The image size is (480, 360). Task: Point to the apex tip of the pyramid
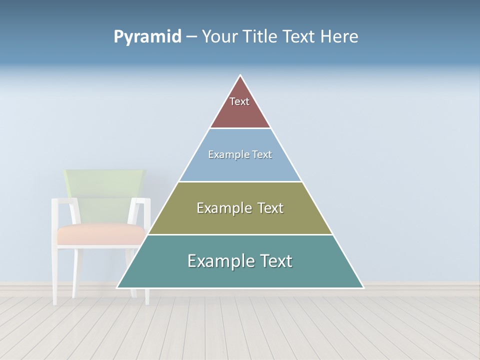(240, 75)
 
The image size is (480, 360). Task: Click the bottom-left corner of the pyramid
(117, 287)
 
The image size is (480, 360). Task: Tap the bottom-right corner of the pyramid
(363, 287)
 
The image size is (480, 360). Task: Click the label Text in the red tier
(239, 101)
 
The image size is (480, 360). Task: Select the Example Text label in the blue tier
(240, 154)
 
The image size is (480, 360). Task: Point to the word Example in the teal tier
(220, 261)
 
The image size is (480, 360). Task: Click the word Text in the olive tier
(268, 208)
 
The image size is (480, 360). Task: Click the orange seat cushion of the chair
(100, 234)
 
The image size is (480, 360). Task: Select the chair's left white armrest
(62, 200)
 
